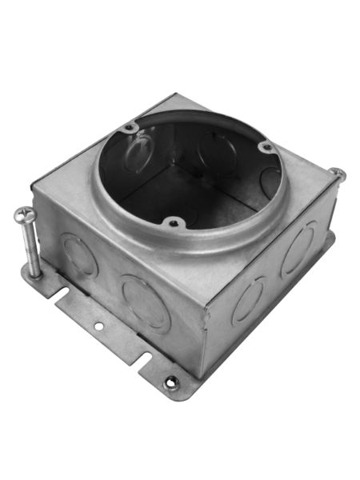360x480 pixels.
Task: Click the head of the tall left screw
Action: pos(23,214)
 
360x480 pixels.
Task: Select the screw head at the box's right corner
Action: pos(338,174)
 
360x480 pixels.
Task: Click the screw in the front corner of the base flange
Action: pos(170,383)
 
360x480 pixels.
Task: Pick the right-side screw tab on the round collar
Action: pos(264,146)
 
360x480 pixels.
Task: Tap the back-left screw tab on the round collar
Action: pos(129,127)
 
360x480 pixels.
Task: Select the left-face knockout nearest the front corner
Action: pos(145,302)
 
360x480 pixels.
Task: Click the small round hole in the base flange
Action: pos(96,326)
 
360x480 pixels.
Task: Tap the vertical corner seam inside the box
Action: pos(178,160)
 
